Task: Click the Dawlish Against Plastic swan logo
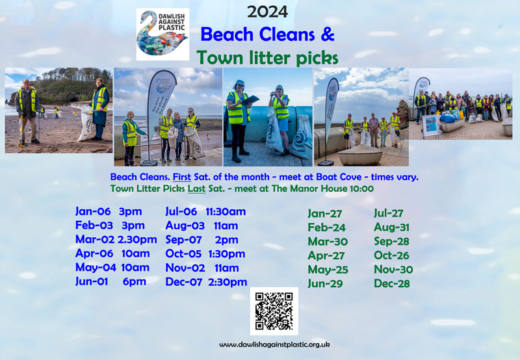[x=162, y=34]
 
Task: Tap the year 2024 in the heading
[x=267, y=12]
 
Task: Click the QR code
[x=274, y=311]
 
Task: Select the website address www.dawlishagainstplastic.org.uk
[x=274, y=345]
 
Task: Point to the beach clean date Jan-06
[x=93, y=211]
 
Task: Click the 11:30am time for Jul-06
[x=226, y=211]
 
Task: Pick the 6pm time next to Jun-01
[x=135, y=282]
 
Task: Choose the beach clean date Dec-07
[x=184, y=282]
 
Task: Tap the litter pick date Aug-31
[x=392, y=227]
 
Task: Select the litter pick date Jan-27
[x=324, y=214]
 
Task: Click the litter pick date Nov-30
[x=393, y=270]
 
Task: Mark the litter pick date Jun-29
[x=325, y=284]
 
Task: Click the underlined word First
[x=182, y=177]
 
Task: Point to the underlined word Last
[x=197, y=188]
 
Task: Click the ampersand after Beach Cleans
[x=328, y=34]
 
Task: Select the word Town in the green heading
[x=220, y=57]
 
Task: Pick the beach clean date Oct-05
[x=183, y=253]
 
